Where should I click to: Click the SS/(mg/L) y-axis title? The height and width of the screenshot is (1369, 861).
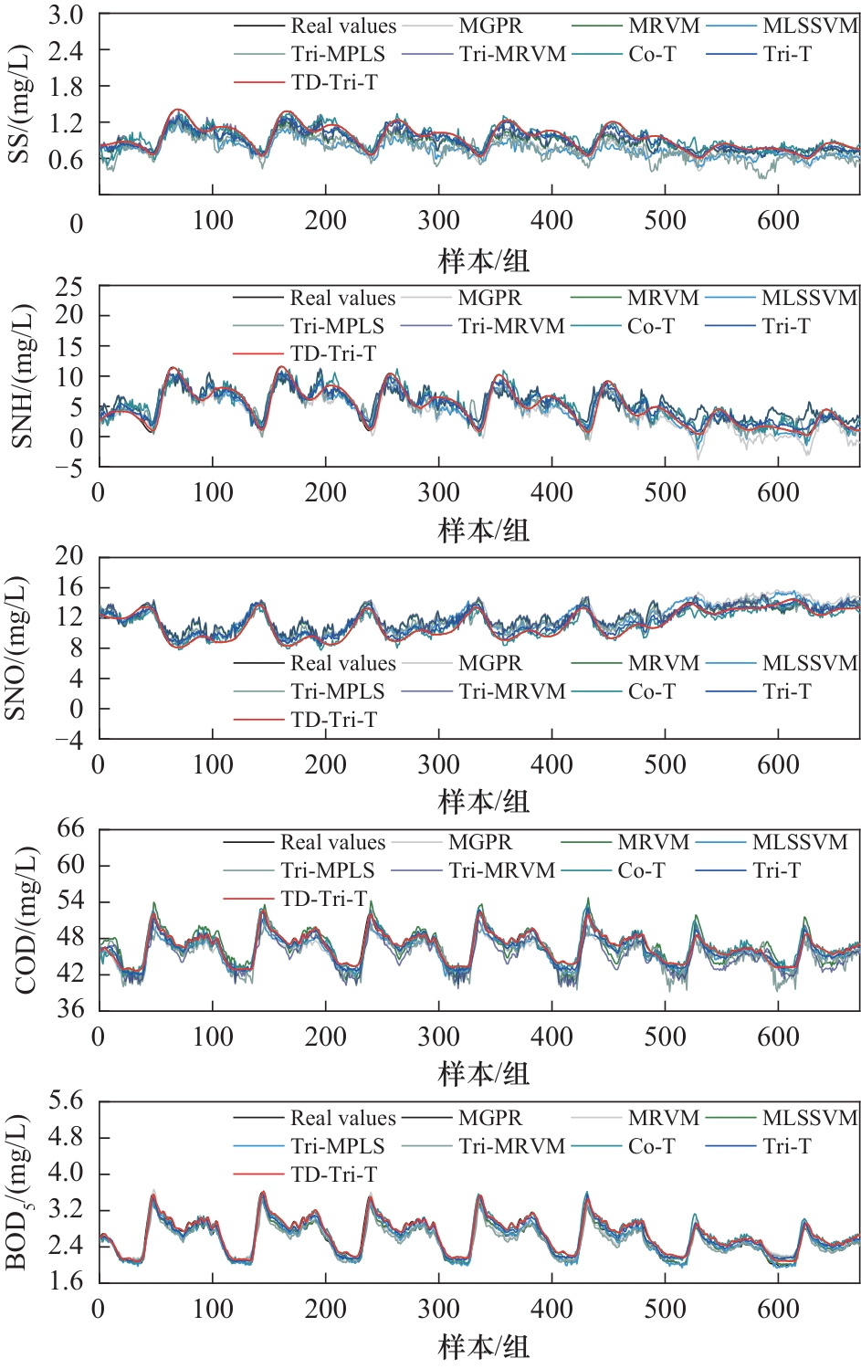pyautogui.click(x=20, y=105)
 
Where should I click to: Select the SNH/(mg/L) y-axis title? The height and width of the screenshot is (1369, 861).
pyautogui.click(x=20, y=376)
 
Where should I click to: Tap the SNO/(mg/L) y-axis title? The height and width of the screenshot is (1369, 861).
pyautogui.click(x=16, y=648)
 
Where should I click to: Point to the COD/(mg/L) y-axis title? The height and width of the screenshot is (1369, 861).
pyautogui.click(x=26, y=921)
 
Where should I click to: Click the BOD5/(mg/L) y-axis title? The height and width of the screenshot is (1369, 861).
pyautogui.click(x=18, y=1193)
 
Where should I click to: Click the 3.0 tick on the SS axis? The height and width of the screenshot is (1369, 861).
pyautogui.click(x=65, y=16)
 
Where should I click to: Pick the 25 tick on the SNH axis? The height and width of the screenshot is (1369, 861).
pyautogui.click(x=68, y=288)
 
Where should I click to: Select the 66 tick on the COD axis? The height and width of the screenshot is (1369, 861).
pyautogui.click(x=70, y=829)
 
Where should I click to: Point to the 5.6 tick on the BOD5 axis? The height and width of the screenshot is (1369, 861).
pyautogui.click(x=65, y=1101)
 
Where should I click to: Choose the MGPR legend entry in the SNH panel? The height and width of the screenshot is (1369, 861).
pyautogui.click(x=489, y=298)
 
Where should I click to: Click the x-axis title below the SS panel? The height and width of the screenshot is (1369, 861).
pyautogui.click(x=484, y=261)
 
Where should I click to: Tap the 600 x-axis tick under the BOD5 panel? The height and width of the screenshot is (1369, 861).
pyautogui.click(x=778, y=1309)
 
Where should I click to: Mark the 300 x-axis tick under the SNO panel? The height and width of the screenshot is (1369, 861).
pyautogui.click(x=438, y=765)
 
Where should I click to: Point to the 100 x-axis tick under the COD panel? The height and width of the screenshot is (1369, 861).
pyautogui.click(x=213, y=1037)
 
